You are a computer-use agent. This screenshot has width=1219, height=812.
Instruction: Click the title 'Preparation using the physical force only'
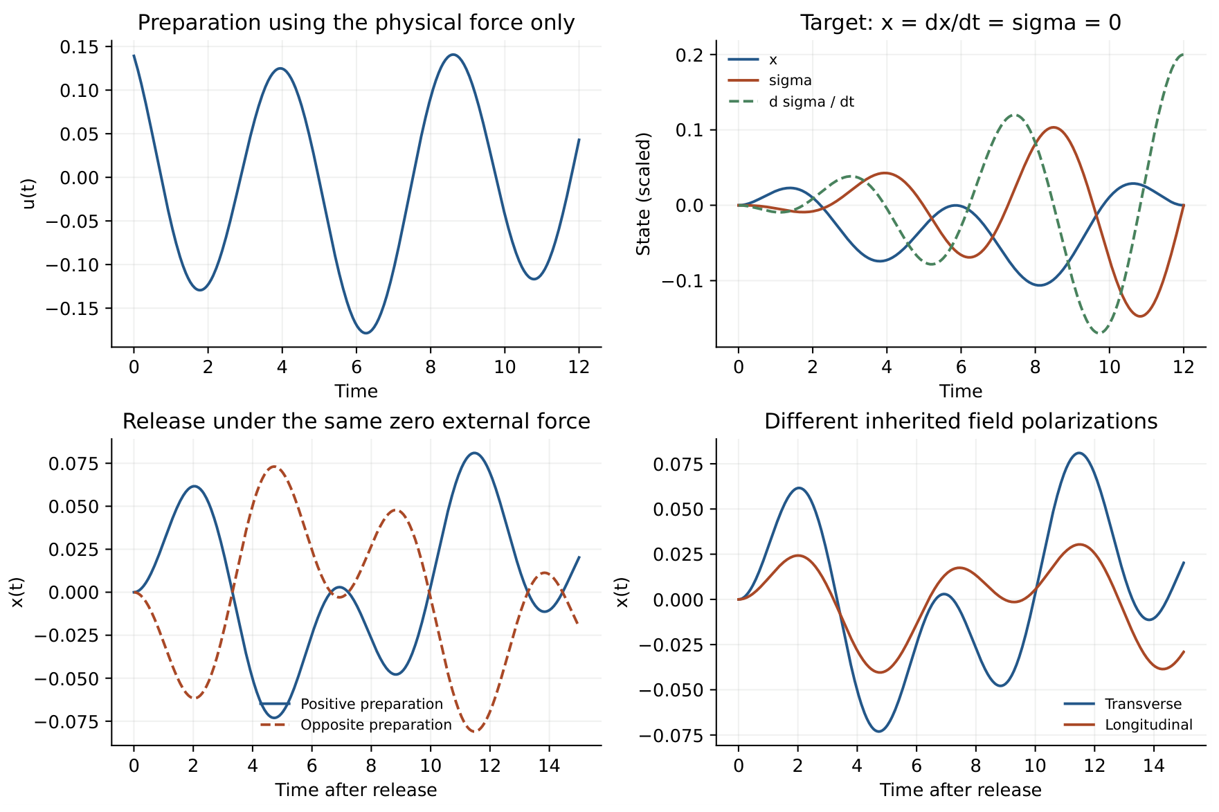click(356, 23)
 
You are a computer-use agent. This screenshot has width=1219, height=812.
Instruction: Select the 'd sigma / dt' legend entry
click(792, 102)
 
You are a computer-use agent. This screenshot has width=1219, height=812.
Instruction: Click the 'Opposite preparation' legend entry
click(356, 725)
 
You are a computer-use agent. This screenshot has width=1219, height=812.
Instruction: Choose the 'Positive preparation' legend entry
click(352, 704)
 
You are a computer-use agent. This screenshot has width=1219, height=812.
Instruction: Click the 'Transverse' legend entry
click(1123, 704)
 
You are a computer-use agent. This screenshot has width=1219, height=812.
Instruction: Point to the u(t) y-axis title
click(28, 194)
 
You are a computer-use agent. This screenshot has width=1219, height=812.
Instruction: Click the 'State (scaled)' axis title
click(644, 194)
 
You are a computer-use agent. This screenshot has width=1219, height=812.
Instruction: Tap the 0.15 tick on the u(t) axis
click(80, 47)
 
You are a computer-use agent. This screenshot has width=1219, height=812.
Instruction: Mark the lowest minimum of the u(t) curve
click(366, 333)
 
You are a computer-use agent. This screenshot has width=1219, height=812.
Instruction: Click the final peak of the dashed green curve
click(1183, 55)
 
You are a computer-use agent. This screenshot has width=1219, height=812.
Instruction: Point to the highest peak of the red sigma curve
click(1054, 127)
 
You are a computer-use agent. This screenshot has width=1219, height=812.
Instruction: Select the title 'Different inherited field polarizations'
click(961, 422)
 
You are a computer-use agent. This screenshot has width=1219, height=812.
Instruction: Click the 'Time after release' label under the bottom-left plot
click(356, 790)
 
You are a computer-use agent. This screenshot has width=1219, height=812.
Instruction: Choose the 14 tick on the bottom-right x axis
click(1154, 765)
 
